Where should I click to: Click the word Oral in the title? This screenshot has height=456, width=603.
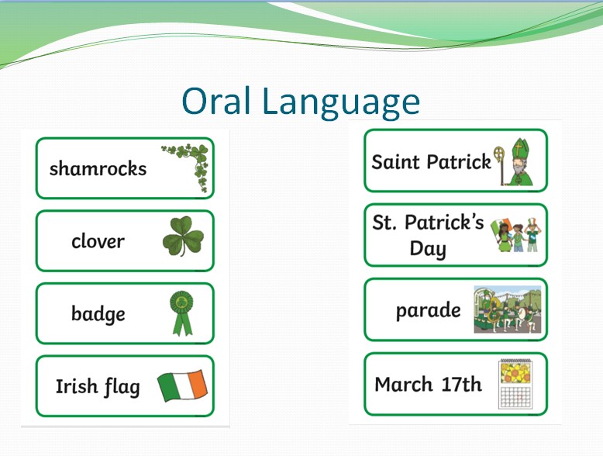[216, 101]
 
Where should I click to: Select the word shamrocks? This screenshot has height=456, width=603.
[98, 168]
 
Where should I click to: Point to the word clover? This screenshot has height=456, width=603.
[98, 241]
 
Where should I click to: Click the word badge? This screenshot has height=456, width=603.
[98, 314]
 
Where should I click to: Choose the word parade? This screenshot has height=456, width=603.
[429, 310]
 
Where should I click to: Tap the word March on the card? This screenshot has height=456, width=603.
[404, 384]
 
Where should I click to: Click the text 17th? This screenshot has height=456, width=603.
[461, 384]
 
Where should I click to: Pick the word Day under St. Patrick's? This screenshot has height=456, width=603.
[428, 249]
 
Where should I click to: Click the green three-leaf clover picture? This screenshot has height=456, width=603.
[183, 236]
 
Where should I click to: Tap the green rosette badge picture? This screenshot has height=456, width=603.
[181, 313]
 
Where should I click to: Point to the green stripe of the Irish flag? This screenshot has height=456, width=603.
[167, 387]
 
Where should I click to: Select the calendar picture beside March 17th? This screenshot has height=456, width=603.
[515, 384]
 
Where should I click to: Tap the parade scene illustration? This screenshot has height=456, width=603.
[508, 309]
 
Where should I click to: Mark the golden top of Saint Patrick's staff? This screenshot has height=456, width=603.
[499, 154]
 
